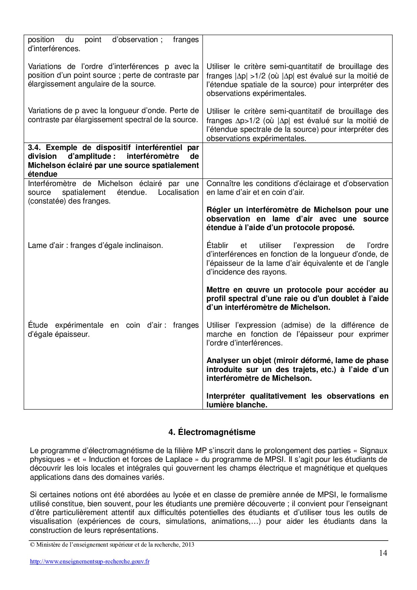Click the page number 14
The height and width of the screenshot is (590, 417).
pos(383,553)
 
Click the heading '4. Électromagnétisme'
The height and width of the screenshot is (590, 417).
pos(212,432)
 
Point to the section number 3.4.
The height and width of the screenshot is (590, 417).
pos(35,147)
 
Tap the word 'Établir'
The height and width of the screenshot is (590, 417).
pos(217,246)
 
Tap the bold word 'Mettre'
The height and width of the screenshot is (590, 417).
pos(218,290)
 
